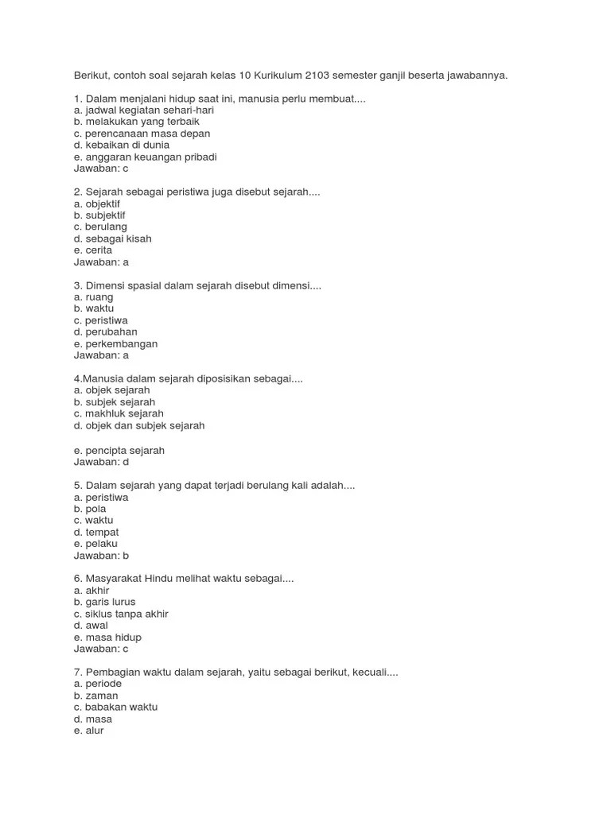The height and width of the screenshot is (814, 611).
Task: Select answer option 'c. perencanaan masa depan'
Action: (142, 134)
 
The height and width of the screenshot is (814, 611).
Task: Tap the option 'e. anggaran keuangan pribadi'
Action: (145, 157)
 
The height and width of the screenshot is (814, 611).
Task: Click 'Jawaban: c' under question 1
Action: (101, 169)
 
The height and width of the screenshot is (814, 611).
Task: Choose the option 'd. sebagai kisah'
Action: (112, 238)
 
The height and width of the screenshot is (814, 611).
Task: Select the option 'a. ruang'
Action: (93, 297)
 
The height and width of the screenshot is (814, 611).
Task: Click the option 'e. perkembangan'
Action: (115, 343)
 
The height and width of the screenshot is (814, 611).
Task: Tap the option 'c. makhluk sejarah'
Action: (119, 413)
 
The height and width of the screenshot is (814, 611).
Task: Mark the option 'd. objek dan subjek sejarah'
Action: (139, 425)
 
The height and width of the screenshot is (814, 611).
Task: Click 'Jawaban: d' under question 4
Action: (101, 462)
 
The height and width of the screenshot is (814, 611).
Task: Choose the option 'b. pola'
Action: (90, 509)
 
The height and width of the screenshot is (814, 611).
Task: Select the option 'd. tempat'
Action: (96, 532)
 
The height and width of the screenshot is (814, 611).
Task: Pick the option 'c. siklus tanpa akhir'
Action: (121, 614)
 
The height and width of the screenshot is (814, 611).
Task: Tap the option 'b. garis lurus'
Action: (104, 602)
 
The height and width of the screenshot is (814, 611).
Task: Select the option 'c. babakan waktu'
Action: (115, 707)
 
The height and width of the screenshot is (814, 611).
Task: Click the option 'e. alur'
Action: (88, 731)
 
